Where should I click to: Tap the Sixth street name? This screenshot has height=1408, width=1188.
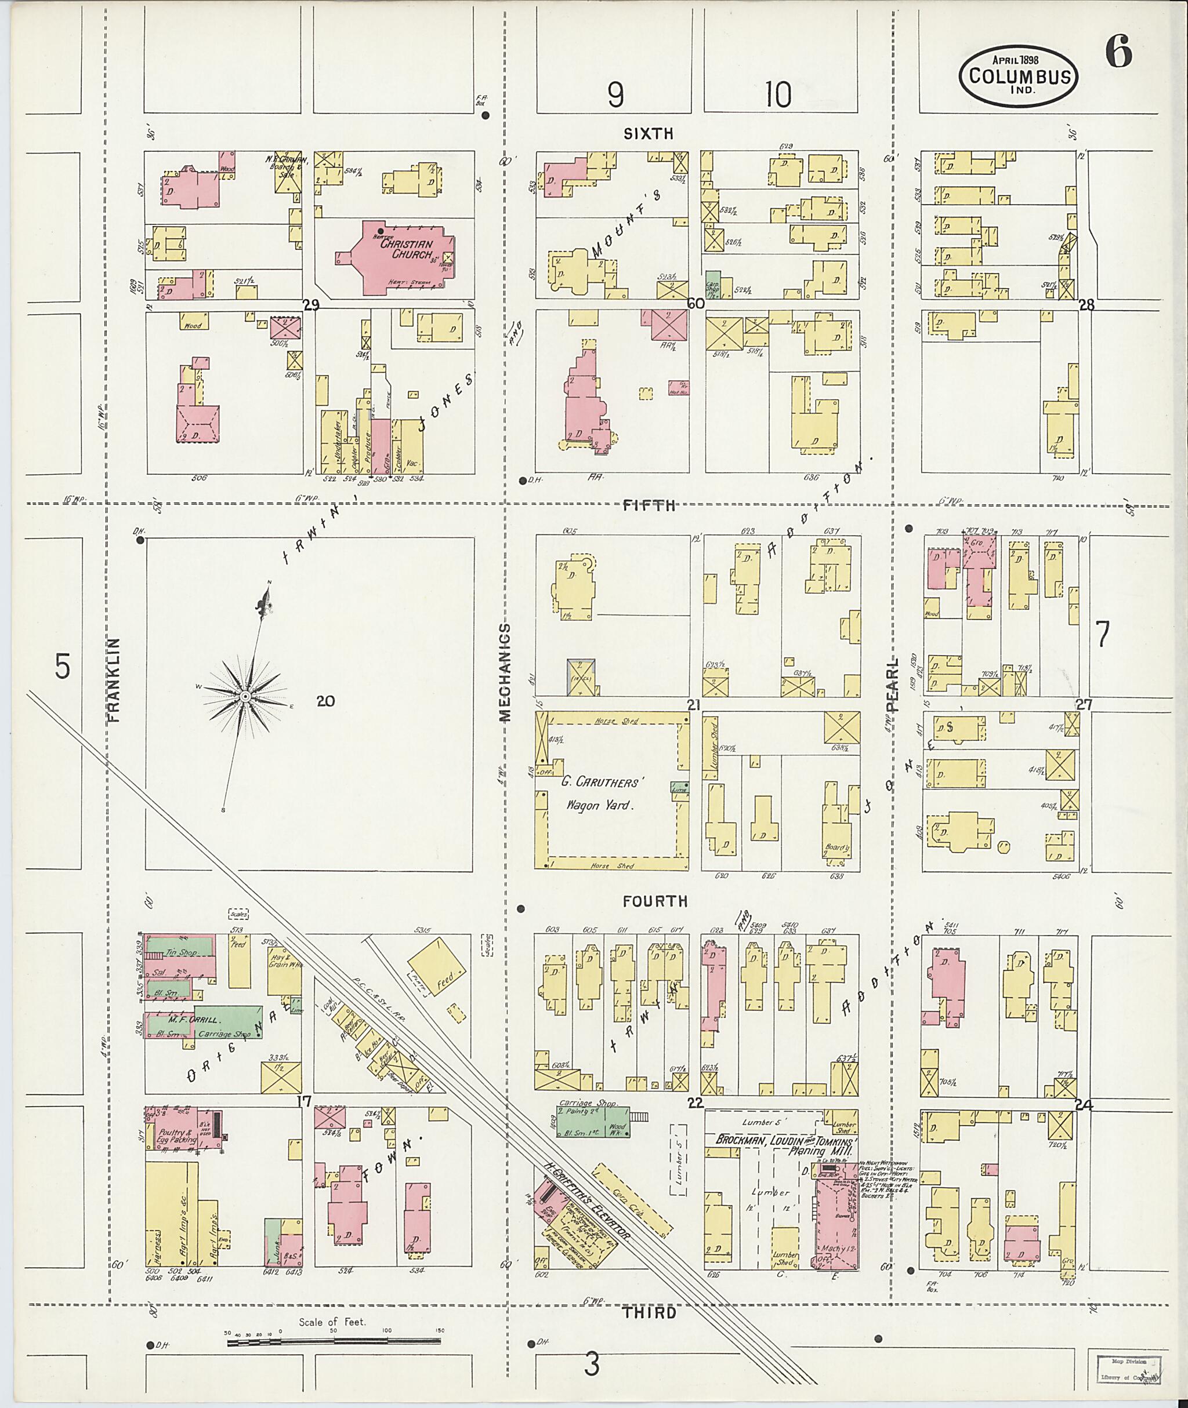(648, 134)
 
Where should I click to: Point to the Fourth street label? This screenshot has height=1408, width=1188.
(654, 901)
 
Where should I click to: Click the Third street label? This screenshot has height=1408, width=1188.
(649, 1312)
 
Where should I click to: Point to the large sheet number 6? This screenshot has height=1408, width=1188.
(1118, 53)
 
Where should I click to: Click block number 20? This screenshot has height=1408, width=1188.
(325, 701)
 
